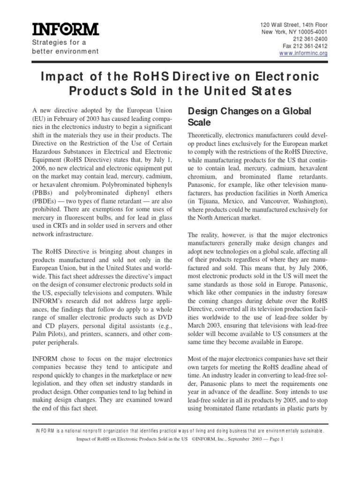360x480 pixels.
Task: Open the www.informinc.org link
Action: [303, 53]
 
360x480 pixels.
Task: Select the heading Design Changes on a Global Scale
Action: [249, 116]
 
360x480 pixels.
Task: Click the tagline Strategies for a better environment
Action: [65, 47]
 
